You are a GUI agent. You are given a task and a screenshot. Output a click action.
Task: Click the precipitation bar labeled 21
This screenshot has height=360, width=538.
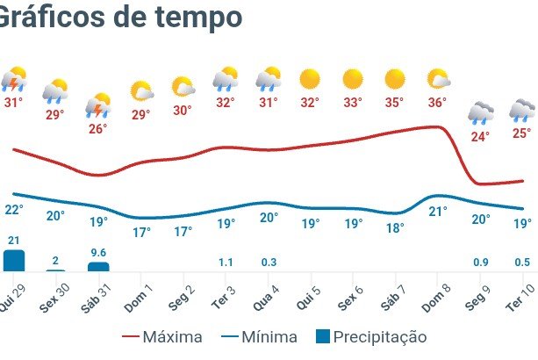click(13, 260)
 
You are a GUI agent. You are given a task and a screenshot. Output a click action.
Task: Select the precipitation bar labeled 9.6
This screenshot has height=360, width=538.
click(98, 266)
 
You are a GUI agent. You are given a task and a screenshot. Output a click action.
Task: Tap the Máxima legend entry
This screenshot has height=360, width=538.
click(162, 336)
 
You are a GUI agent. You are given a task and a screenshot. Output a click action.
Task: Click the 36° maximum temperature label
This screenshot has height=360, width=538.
click(437, 102)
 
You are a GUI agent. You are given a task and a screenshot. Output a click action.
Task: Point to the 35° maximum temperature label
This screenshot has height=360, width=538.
click(394, 102)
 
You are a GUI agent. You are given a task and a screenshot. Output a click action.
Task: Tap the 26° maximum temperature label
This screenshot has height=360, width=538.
click(97, 129)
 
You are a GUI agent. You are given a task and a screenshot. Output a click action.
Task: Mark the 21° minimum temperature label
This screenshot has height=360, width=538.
click(437, 211)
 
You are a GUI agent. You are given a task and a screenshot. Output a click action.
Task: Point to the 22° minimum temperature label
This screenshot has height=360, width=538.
click(13, 209)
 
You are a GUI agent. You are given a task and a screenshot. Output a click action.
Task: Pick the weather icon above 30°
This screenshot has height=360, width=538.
click(183, 87)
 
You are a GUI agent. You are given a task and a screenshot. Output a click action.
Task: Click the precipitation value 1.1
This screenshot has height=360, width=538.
click(225, 262)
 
